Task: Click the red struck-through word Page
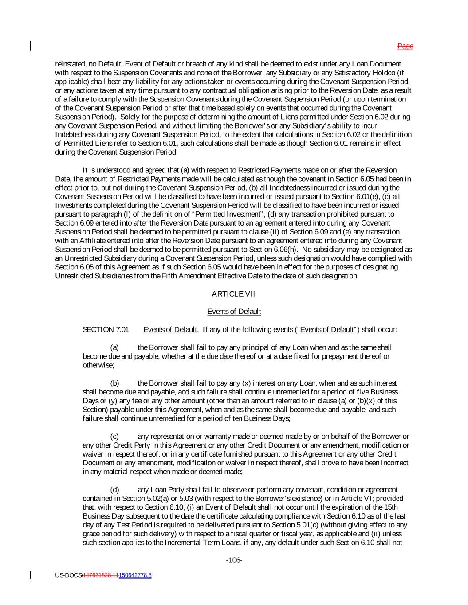(x=405, y=46)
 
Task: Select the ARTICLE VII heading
(x=234, y=294)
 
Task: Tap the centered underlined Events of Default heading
(x=234, y=312)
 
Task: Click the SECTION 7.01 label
(x=106, y=329)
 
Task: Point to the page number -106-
(x=234, y=560)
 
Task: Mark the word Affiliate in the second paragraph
(x=95, y=241)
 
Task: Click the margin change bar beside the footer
(x=31, y=575)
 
